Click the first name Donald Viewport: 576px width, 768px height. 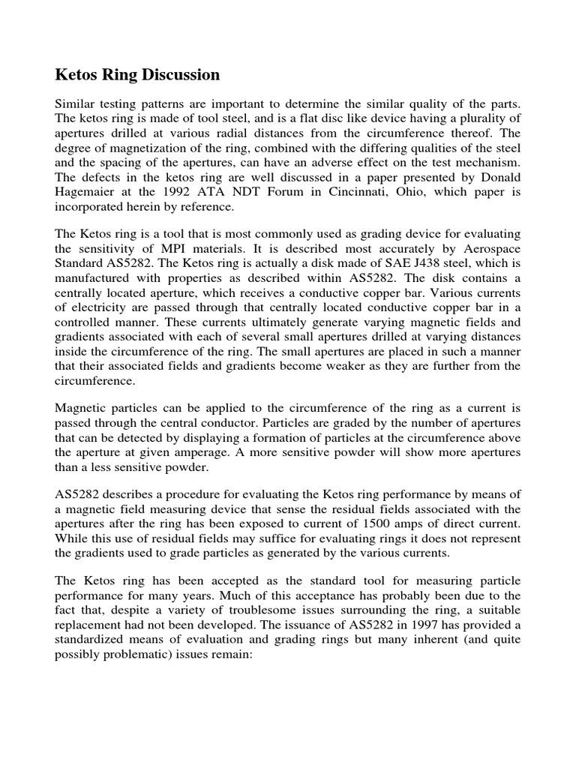[x=497, y=178]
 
